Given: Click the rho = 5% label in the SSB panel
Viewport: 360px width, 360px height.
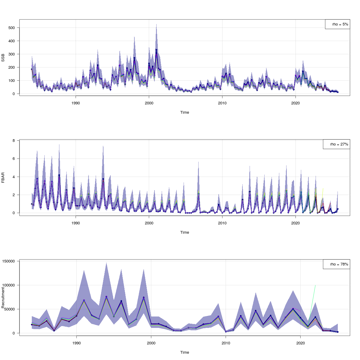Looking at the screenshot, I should (x=340, y=24).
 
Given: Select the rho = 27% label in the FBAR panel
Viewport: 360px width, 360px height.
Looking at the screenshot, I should (x=339, y=144).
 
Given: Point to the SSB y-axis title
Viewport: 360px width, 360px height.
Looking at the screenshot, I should (x=3, y=57).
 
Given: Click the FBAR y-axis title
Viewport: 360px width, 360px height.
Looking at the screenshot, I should (x=3, y=177).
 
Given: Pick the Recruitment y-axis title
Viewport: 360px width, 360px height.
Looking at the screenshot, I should (x=3, y=297).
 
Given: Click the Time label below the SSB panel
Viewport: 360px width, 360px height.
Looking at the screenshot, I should (x=184, y=112).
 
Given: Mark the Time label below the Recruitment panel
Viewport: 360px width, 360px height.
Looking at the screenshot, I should (x=184, y=352).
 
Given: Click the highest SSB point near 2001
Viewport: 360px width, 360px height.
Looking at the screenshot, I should (x=156, y=50).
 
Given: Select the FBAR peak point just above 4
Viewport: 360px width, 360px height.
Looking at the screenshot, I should (x=59, y=175).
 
